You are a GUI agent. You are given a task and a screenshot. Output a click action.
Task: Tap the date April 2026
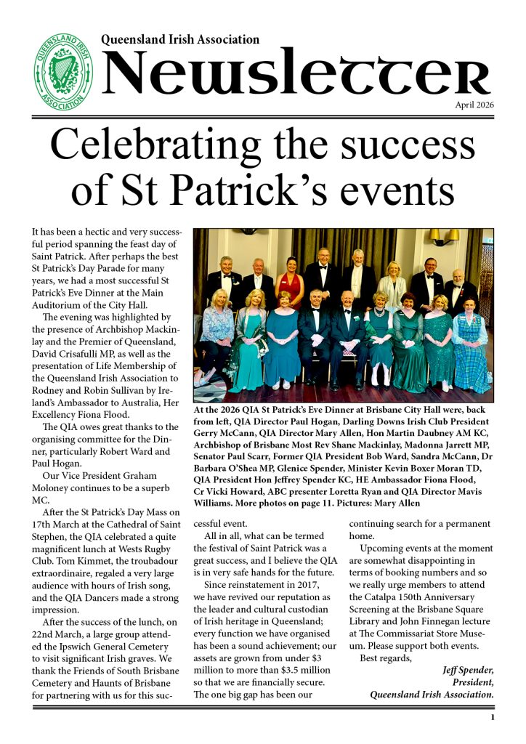474,105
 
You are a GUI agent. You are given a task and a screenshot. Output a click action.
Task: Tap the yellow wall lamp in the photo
443,237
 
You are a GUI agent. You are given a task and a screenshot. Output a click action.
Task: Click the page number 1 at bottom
492,719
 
